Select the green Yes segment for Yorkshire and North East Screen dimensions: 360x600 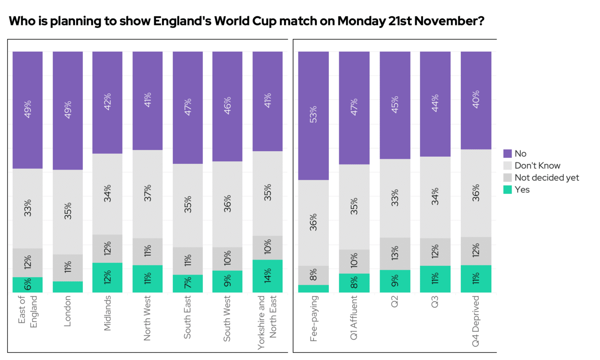267,276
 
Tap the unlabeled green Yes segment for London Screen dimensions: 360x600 68,287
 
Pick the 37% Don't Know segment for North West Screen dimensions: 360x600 147,194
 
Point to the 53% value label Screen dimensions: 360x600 313,115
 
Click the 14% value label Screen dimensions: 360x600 267,276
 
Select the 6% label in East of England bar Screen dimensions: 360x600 28,285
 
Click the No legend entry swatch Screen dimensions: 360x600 507,153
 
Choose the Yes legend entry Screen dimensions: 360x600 522,190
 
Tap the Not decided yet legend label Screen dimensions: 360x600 547,177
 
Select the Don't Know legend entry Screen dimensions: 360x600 537,165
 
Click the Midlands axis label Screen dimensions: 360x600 107,313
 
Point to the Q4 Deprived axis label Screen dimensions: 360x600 476,321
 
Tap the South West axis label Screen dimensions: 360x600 227,318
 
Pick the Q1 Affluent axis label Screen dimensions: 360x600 354,317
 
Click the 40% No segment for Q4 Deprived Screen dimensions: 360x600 476,100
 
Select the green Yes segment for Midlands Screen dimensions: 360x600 107,277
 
